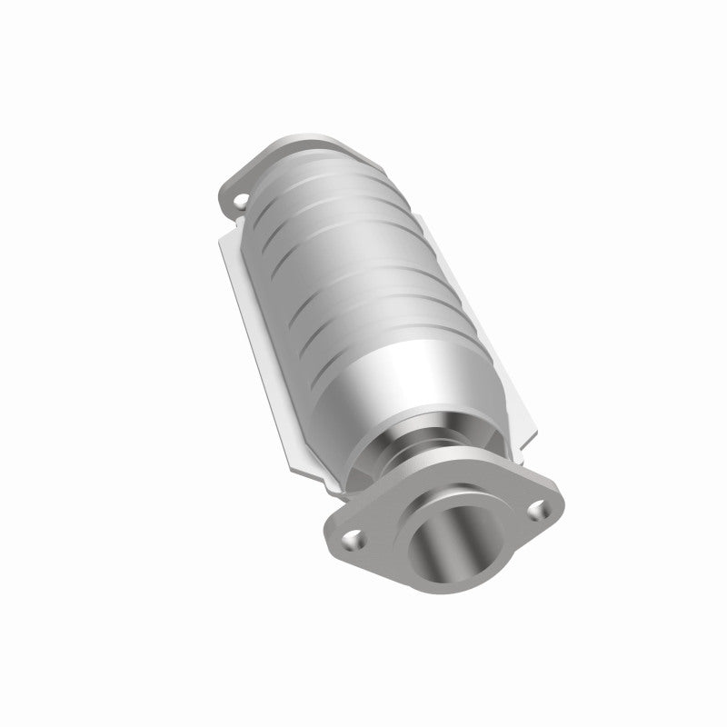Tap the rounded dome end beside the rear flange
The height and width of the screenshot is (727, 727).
pyautogui.click(x=300, y=173)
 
